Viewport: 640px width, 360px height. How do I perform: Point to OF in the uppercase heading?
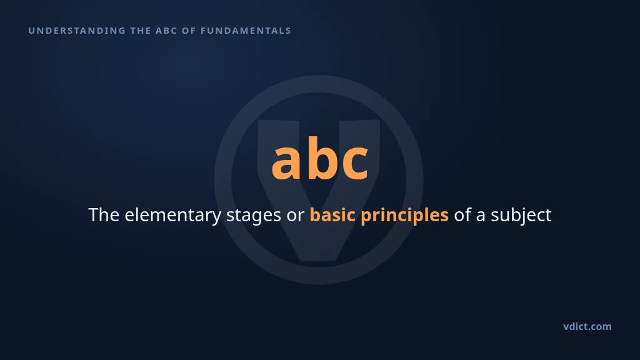(x=189, y=31)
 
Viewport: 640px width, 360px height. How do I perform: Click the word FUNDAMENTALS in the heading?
(x=246, y=31)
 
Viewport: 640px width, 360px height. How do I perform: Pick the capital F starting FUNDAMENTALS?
(x=203, y=31)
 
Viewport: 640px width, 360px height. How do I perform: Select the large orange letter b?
(x=322, y=157)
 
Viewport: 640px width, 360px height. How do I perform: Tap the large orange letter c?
(x=355, y=162)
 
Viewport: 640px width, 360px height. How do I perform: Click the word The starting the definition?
(x=104, y=215)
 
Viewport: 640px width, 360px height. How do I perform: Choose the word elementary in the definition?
(x=172, y=216)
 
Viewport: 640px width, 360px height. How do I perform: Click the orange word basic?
(x=332, y=215)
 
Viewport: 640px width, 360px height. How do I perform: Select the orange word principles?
(x=404, y=216)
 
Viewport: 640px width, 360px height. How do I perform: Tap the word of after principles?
(x=462, y=215)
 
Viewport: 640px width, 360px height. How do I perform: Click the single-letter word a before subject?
(x=481, y=217)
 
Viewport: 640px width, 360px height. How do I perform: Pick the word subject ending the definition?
(x=521, y=216)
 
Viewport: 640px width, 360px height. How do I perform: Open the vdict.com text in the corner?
(x=587, y=326)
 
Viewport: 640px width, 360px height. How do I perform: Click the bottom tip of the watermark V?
(x=319, y=261)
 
